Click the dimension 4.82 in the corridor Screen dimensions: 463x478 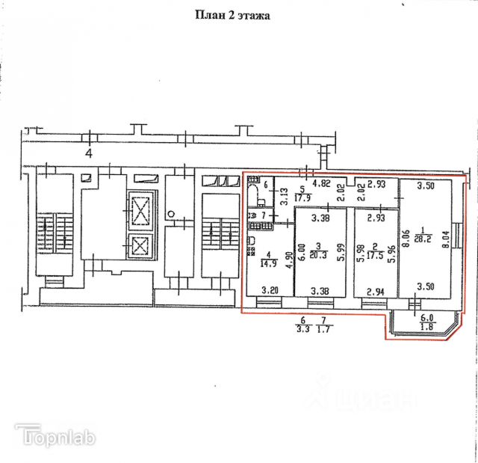click(x=322, y=184)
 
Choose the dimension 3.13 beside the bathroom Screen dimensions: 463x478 click(x=284, y=199)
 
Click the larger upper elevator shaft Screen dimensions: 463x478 click(x=140, y=207)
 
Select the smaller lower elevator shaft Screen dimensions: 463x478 click(x=140, y=245)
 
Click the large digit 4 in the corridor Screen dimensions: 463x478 click(x=88, y=154)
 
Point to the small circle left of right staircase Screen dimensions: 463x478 click(x=171, y=214)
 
